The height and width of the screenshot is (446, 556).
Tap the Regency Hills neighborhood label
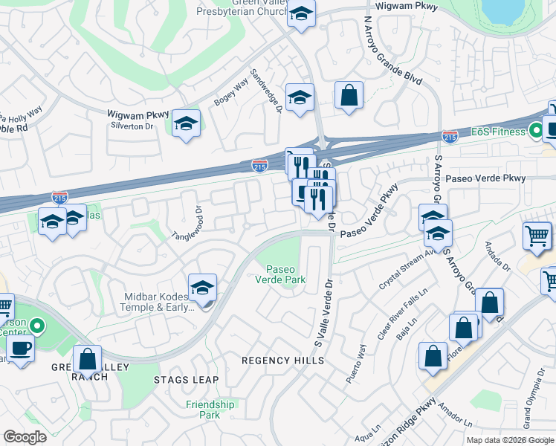click(283, 361)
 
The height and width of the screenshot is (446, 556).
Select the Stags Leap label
click(186, 380)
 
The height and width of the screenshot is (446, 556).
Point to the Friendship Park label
click(210, 410)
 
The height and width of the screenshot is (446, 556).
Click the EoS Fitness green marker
click(534, 132)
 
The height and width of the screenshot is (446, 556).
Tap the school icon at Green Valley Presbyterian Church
click(301, 14)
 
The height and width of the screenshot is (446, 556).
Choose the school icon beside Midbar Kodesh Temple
click(202, 288)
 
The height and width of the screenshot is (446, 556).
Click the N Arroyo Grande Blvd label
click(387, 50)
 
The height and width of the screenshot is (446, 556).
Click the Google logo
click(25, 437)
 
